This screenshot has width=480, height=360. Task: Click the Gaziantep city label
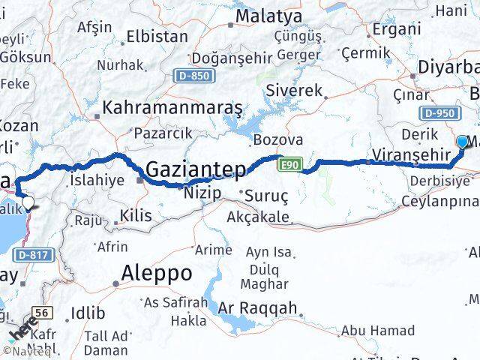tap(196, 169)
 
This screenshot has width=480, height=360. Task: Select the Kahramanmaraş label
tap(172, 108)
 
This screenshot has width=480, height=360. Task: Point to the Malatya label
tap(268, 16)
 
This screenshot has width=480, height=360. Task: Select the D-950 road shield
tap(439, 112)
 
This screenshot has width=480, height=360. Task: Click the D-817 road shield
tap(35, 255)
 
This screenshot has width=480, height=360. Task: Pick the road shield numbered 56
tap(43, 311)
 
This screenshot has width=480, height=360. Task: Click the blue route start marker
tap(462, 141)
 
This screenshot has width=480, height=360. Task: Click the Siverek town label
tap(298, 91)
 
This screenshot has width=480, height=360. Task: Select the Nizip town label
tap(202, 193)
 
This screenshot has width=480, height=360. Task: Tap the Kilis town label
tap(135, 215)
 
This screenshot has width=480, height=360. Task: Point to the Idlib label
tap(87, 313)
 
